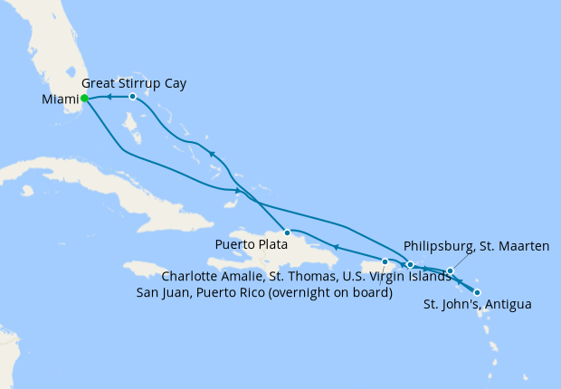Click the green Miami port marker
click(84, 99)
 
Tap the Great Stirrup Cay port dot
click(132, 96)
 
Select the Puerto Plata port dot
click(286, 232)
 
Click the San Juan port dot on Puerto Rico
click(385, 262)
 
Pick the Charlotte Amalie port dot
click(410, 265)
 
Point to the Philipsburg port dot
click(450, 270)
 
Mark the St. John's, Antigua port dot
click(477, 292)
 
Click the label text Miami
click(60, 100)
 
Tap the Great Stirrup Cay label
click(140, 83)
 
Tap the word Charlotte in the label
click(191, 277)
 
